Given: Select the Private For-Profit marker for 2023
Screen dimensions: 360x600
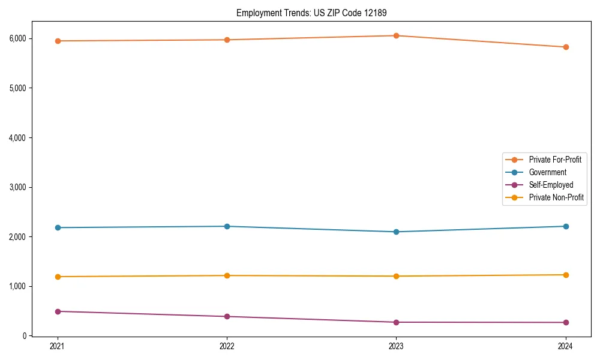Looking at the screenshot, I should click(397, 35).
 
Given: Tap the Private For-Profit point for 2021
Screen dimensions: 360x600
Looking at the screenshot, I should click(58, 41).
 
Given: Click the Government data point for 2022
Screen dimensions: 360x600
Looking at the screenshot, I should click(227, 226).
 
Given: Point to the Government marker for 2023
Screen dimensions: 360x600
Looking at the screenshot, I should click(397, 232).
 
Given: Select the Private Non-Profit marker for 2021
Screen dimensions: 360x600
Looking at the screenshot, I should click(58, 277).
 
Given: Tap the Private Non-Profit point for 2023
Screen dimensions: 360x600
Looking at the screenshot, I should click(397, 276).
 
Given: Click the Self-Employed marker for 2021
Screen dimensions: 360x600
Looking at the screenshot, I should click(58, 311).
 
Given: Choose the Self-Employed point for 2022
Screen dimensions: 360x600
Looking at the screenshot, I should click(227, 316).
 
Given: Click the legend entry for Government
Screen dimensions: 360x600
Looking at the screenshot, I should click(547, 172).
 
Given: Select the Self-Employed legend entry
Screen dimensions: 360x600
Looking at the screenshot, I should click(551, 185).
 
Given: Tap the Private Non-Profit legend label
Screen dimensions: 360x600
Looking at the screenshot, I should click(556, 197).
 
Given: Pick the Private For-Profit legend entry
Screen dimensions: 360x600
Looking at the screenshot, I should click(555, 160).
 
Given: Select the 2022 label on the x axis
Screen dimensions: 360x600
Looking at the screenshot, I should click(227, 346).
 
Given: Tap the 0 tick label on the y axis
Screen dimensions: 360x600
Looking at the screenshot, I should click(25, 336).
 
